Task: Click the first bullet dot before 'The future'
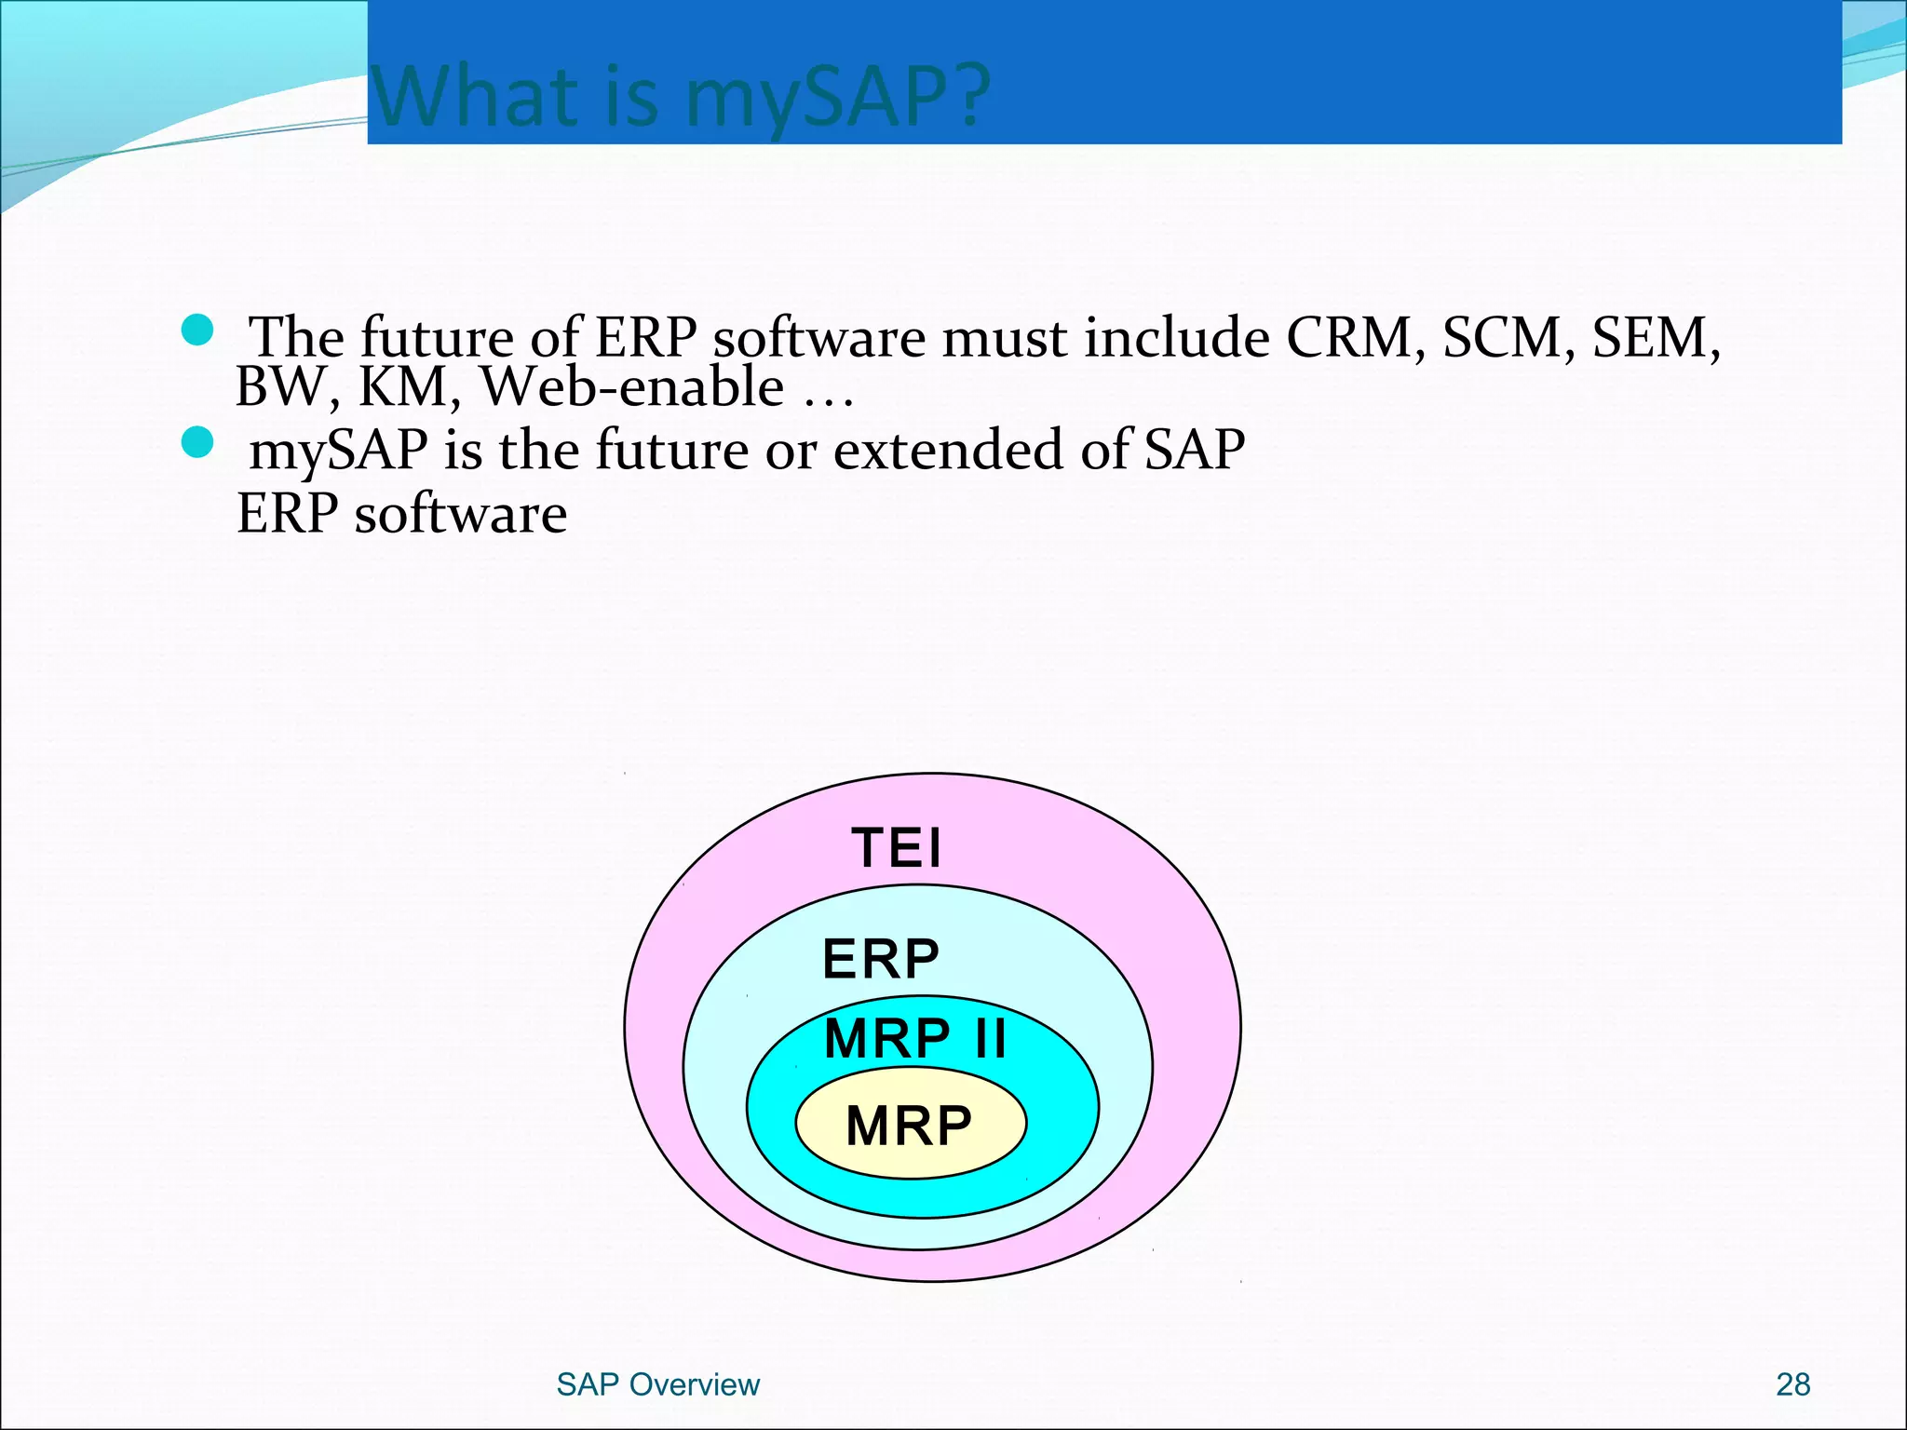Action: click(x=197, y=330)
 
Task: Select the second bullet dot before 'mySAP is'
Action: click(x=197, y=442)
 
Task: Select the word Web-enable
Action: click(x=632, y=386)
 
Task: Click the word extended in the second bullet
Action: click(x=948, y=450)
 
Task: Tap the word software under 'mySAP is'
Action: click(x=460, y=514)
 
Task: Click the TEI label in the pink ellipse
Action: click(x=897, y=848)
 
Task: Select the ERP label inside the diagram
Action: click(x=881, y=959)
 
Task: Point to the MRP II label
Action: click(x=915, y=1038)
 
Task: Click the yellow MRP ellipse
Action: click(x=910, y=1126)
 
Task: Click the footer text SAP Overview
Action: click(x=657, y=1384)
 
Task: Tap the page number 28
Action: click(x=1792, y=1384)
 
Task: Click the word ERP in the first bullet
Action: click(x=645, y=337)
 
